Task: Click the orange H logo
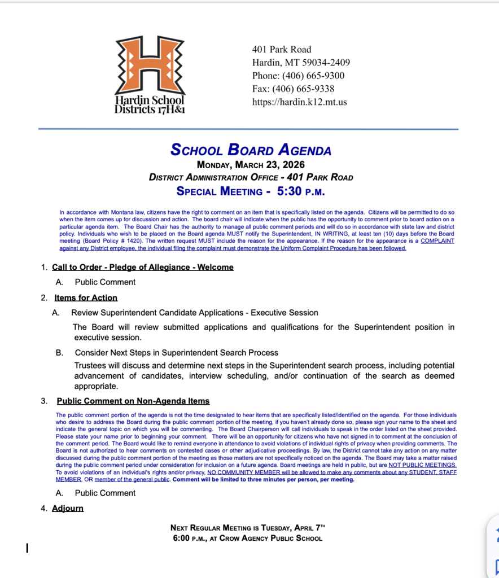(x=150, y=65)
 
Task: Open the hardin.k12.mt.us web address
(x=299, y=102)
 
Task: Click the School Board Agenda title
(x=251, y=150)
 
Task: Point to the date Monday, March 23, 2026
(x=251, y=165)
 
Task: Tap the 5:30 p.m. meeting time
(x=300, y=191)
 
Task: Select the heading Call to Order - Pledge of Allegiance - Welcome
(x=142, y=267)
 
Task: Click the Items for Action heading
(x=86, y=297)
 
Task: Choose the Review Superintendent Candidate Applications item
(x=194, y=312)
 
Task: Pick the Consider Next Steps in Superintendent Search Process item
(x=176, y=353)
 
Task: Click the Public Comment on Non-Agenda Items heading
(x=133, y=401)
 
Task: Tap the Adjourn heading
(x=68, y=508)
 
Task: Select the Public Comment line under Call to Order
(x=105, y=282)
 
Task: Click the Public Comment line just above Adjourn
(x=105, y=493)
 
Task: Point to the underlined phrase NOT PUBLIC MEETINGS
(x=422, y=465)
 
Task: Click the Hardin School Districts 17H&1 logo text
(x=150, y=104)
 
